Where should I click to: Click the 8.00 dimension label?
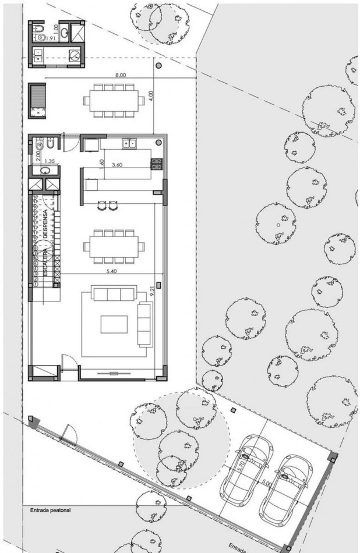pyautogui.click(x=121, y=76)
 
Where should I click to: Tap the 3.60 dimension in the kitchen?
pyautogui.click(x=117, y=165)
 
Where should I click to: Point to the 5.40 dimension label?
pyautogui.click(x=120, y=271)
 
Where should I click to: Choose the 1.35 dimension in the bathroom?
pyautogui.click(x=49, y=159)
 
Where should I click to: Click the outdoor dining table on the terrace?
pyautogui.click(x=114, y=100)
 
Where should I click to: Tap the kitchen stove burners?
pyautogui.click(x=156, y=164)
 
